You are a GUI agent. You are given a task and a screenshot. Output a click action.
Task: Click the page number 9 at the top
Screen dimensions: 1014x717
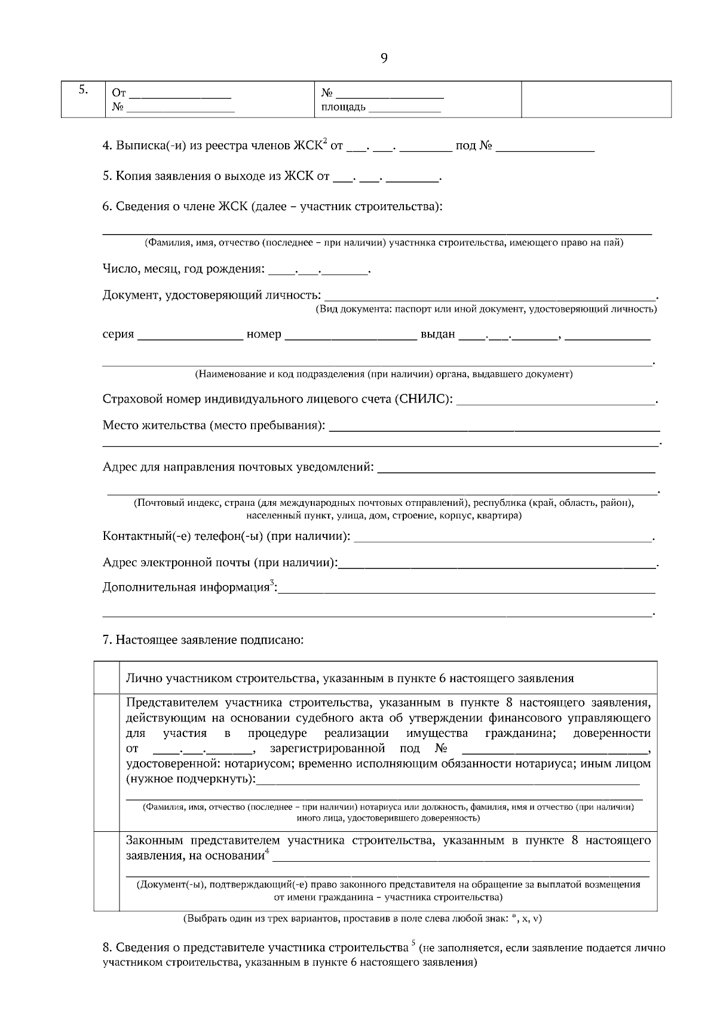[384, 58]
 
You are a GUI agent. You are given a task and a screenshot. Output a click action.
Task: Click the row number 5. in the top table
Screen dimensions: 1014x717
[84, 91]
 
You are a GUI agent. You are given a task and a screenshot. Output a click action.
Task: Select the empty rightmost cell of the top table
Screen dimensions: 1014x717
[596, 99]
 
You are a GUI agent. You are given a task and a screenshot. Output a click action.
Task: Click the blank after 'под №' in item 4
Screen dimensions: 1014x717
[545, 146]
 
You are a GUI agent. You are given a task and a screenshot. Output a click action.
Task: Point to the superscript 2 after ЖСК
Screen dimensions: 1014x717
[325, 141]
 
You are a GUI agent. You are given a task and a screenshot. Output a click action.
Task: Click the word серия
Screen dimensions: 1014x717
[118, 334]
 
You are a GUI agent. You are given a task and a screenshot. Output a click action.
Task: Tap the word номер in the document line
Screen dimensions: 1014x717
[263, 334]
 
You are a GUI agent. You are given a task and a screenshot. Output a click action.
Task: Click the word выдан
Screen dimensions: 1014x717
[437, 334]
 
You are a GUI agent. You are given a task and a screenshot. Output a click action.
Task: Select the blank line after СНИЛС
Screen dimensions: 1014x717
[556, 400]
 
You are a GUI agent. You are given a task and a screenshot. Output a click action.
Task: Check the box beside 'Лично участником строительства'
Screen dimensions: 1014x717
[107, 677]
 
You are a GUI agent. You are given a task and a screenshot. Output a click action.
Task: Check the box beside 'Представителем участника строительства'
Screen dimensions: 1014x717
[107, 762]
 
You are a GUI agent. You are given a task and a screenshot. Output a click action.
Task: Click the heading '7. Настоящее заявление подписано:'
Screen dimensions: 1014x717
[203, 640]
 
